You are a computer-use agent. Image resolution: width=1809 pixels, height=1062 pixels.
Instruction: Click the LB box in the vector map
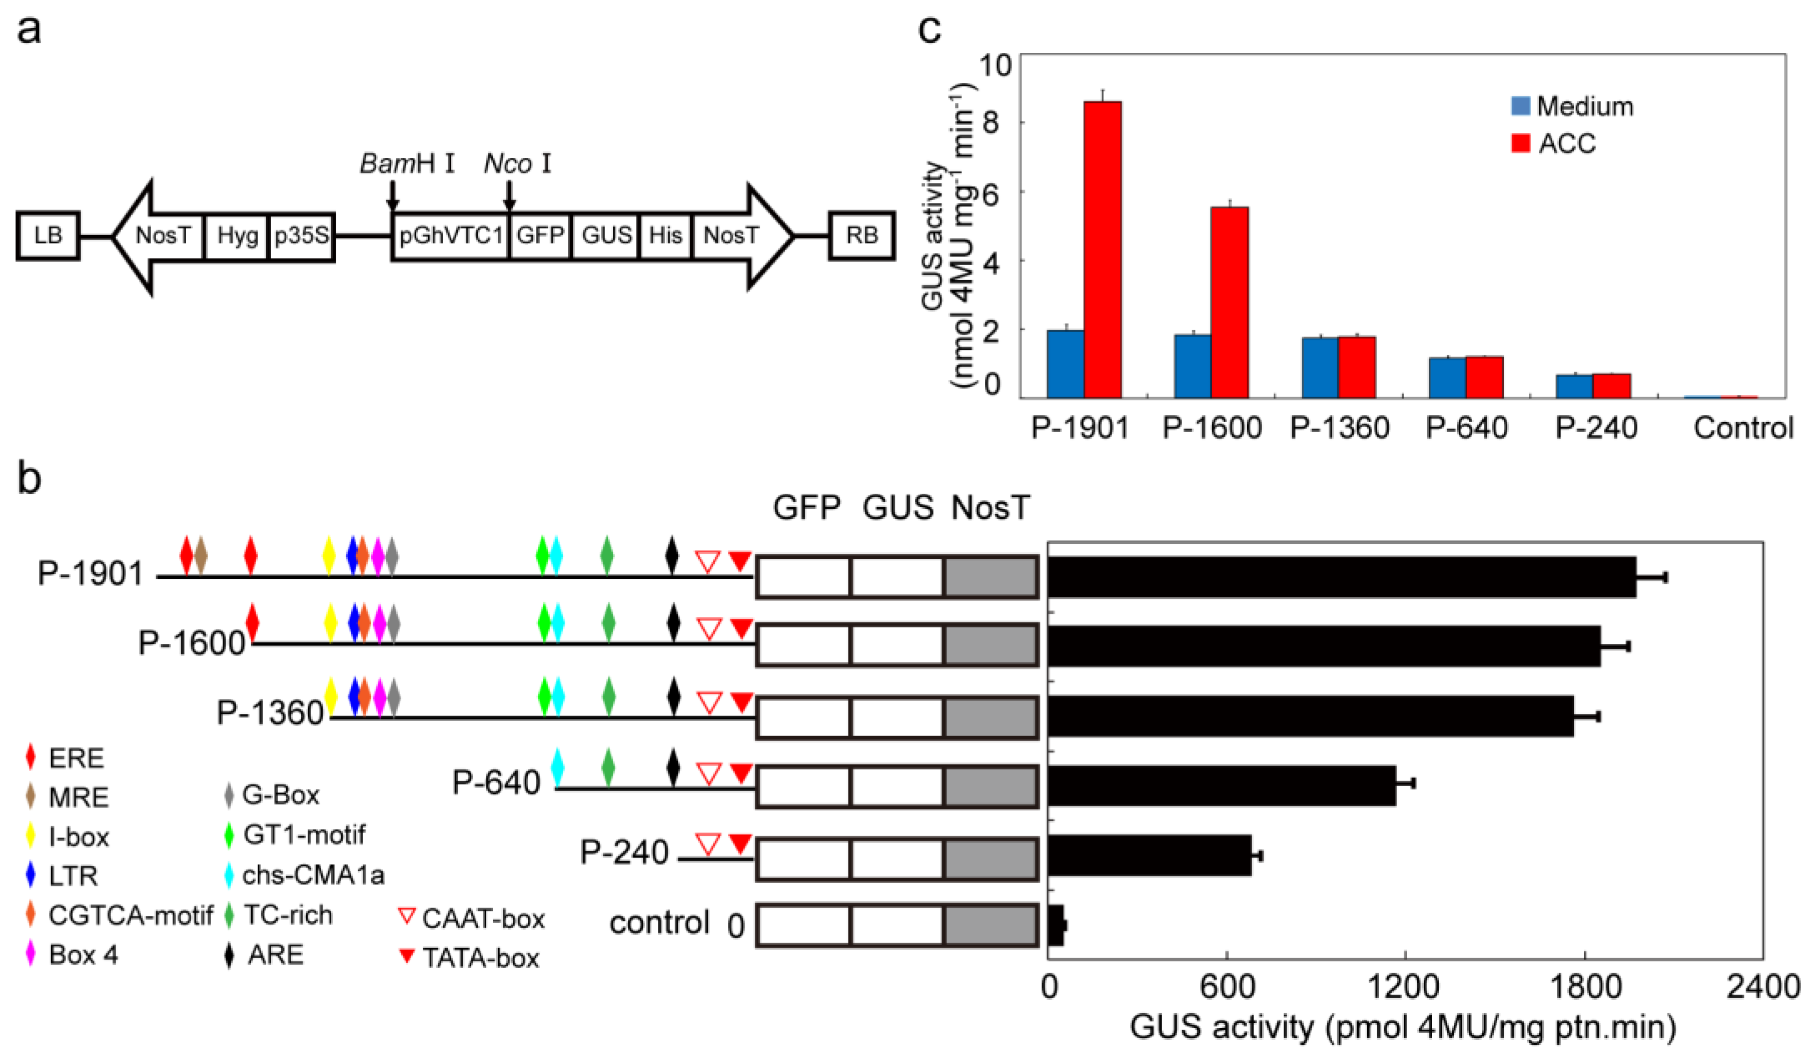pos(48,236)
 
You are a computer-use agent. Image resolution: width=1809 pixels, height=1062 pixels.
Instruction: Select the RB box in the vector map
pos(861,236)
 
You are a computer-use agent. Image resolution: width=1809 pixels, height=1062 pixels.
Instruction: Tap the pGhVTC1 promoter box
pos(451,236)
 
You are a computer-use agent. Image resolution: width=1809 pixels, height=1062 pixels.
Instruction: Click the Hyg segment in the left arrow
pos(237,236)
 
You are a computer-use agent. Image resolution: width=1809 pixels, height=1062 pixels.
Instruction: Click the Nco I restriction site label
pos(517,163)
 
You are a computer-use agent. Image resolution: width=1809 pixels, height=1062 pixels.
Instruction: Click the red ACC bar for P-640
pos(1484,377)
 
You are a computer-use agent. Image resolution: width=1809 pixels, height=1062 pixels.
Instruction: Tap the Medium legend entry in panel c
pos(1572,106)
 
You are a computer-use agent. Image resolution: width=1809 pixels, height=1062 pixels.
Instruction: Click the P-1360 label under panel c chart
pos(1339,428)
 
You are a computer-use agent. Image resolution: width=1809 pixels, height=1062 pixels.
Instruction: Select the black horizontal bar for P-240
pos(1149,855)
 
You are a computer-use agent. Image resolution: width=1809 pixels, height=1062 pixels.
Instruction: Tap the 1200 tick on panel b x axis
pos(1403,987)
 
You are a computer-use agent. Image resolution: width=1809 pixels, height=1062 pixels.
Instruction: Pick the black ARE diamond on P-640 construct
pos(672,768)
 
